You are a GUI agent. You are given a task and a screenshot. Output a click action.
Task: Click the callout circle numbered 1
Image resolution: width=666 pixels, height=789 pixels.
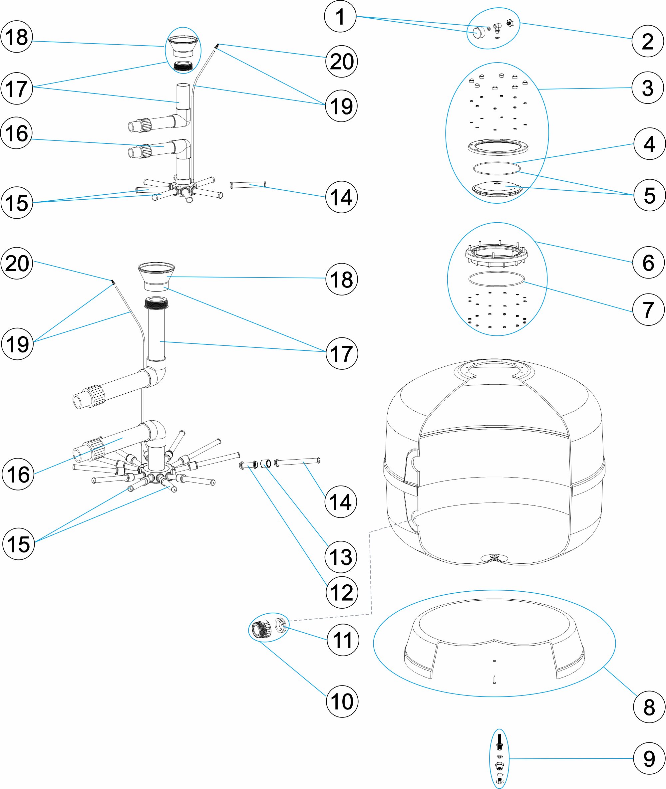click(340, 17)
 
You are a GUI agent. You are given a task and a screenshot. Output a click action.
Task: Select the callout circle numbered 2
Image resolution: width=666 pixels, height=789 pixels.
click(647, 41)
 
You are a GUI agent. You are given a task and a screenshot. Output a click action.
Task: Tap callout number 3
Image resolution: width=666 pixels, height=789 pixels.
click(647, 88)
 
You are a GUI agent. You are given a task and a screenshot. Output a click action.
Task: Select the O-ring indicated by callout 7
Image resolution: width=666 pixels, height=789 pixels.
click(496, 279)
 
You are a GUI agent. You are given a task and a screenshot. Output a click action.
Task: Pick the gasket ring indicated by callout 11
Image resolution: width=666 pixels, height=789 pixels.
click(280, 625)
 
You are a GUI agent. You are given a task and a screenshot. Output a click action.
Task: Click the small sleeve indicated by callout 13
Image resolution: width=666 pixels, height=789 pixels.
click(266, 463)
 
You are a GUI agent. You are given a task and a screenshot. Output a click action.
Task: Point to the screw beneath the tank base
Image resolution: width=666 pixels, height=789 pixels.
click(494, 680)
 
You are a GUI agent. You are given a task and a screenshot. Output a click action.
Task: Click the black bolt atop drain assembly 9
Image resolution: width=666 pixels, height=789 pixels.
click(499, 742)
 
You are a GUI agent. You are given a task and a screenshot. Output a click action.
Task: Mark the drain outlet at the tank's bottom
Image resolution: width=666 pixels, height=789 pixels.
click(494, 558)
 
